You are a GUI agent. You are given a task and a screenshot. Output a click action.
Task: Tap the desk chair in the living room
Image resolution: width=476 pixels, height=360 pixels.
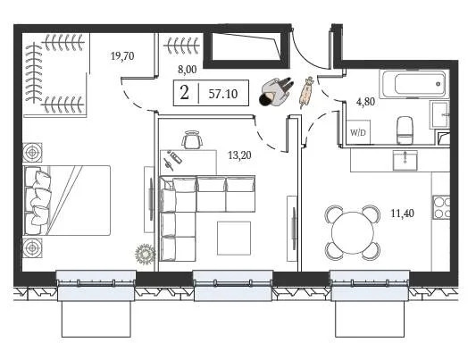pos(191,139)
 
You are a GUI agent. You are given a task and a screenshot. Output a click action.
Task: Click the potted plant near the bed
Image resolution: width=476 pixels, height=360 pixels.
pos(144,254)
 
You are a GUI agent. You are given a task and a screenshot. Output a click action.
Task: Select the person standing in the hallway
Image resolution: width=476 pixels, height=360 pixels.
pos(275,92)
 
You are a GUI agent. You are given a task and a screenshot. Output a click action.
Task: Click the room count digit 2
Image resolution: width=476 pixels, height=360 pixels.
pos(184,94)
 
